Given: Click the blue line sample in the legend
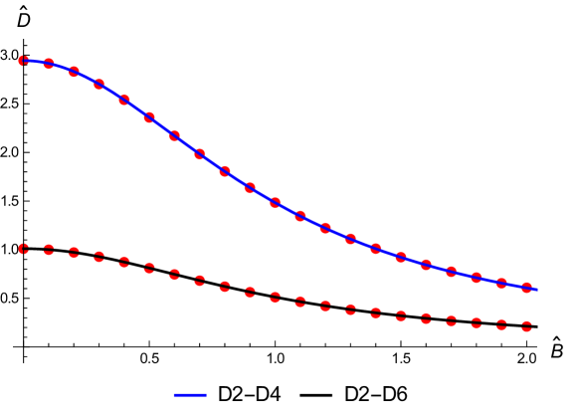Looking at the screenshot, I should click(190, 395).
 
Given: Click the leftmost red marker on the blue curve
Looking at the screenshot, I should click(24, 61).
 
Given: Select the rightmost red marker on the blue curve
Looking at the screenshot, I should click(526, 288).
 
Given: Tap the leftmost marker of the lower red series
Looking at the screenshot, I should click(24, 248).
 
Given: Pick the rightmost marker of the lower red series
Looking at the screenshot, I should click(526, 325).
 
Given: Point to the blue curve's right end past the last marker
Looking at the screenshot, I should click(536, 290).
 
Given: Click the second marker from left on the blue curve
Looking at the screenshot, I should click(49, 64).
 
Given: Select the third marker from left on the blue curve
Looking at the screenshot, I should click(74, 72).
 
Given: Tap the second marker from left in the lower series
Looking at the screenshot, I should click(49, 250).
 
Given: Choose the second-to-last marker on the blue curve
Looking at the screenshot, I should click(501, 284).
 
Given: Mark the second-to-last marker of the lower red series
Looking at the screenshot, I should click(501, 324).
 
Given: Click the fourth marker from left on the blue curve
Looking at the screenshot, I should click(99, 85).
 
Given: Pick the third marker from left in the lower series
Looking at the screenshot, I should click(74, 253).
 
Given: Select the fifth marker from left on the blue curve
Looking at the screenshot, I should click(124, 100).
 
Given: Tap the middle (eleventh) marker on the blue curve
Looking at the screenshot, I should click(276, 203).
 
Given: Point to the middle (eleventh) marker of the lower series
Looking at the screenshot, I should click(276, 297).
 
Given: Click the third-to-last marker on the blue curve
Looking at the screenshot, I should click(477, 278).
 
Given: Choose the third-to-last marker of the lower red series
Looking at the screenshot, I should click(477, 322).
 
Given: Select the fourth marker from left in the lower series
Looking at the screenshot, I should click(99, 257).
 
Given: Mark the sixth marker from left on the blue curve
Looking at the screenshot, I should click(149, 117).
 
